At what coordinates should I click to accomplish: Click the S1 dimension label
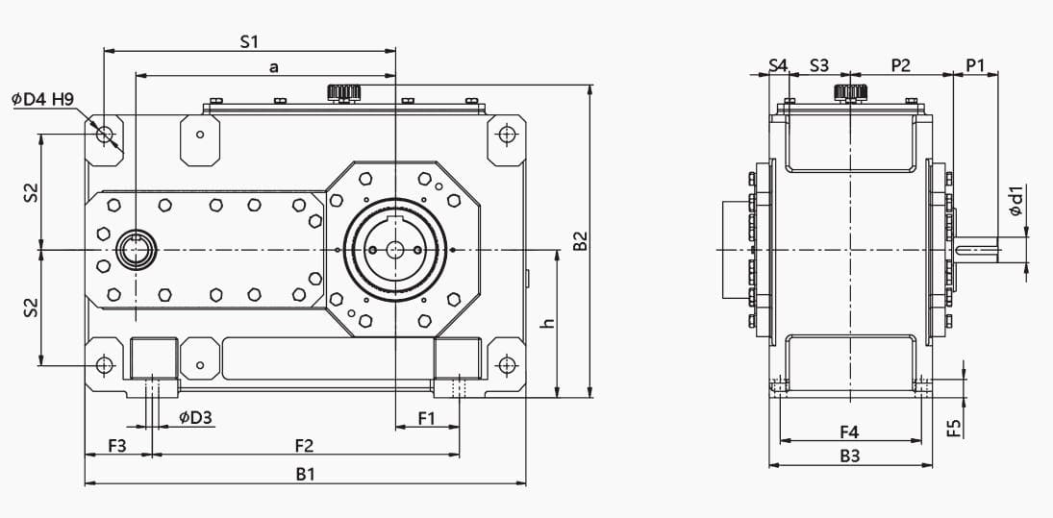point(249,41)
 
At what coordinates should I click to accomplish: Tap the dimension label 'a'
point(273,67)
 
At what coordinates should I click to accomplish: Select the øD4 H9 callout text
point(42,99)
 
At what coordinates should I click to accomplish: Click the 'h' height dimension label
point(549,323)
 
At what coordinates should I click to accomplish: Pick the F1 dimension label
point(427,419)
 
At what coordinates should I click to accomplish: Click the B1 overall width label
point(306,475)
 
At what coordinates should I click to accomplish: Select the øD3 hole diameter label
point(195,418)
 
